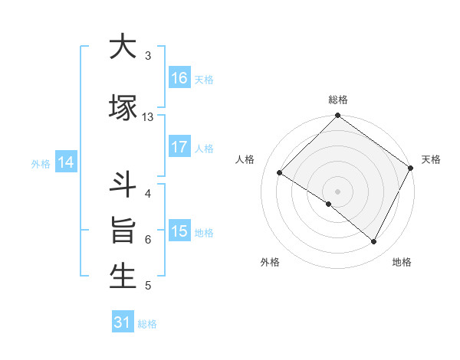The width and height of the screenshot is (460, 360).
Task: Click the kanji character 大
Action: point(123,47)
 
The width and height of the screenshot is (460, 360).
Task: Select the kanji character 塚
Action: point(123,106)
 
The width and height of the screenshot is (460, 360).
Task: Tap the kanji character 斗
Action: point(123,185)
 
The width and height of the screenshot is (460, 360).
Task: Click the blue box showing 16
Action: point(179,77)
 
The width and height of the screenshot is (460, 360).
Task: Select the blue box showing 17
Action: point(179,147)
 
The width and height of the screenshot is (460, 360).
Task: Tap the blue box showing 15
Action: point(179,231)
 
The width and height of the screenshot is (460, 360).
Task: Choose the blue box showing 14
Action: point(66,162)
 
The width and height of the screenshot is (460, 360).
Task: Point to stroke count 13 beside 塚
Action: point(148,116)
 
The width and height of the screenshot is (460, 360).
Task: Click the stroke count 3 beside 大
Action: point(148,56)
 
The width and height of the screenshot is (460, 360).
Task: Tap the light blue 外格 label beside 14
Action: point(41,163)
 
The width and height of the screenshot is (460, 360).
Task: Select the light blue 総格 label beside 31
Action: point(147,324)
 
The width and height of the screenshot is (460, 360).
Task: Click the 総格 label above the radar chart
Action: point(337,100)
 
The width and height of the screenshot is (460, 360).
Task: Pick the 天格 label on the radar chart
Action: point(431,159)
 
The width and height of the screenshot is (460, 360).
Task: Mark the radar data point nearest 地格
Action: point(374,242)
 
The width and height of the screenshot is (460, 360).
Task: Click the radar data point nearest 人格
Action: point(280,173)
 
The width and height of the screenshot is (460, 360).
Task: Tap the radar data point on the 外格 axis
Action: point(329,204)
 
